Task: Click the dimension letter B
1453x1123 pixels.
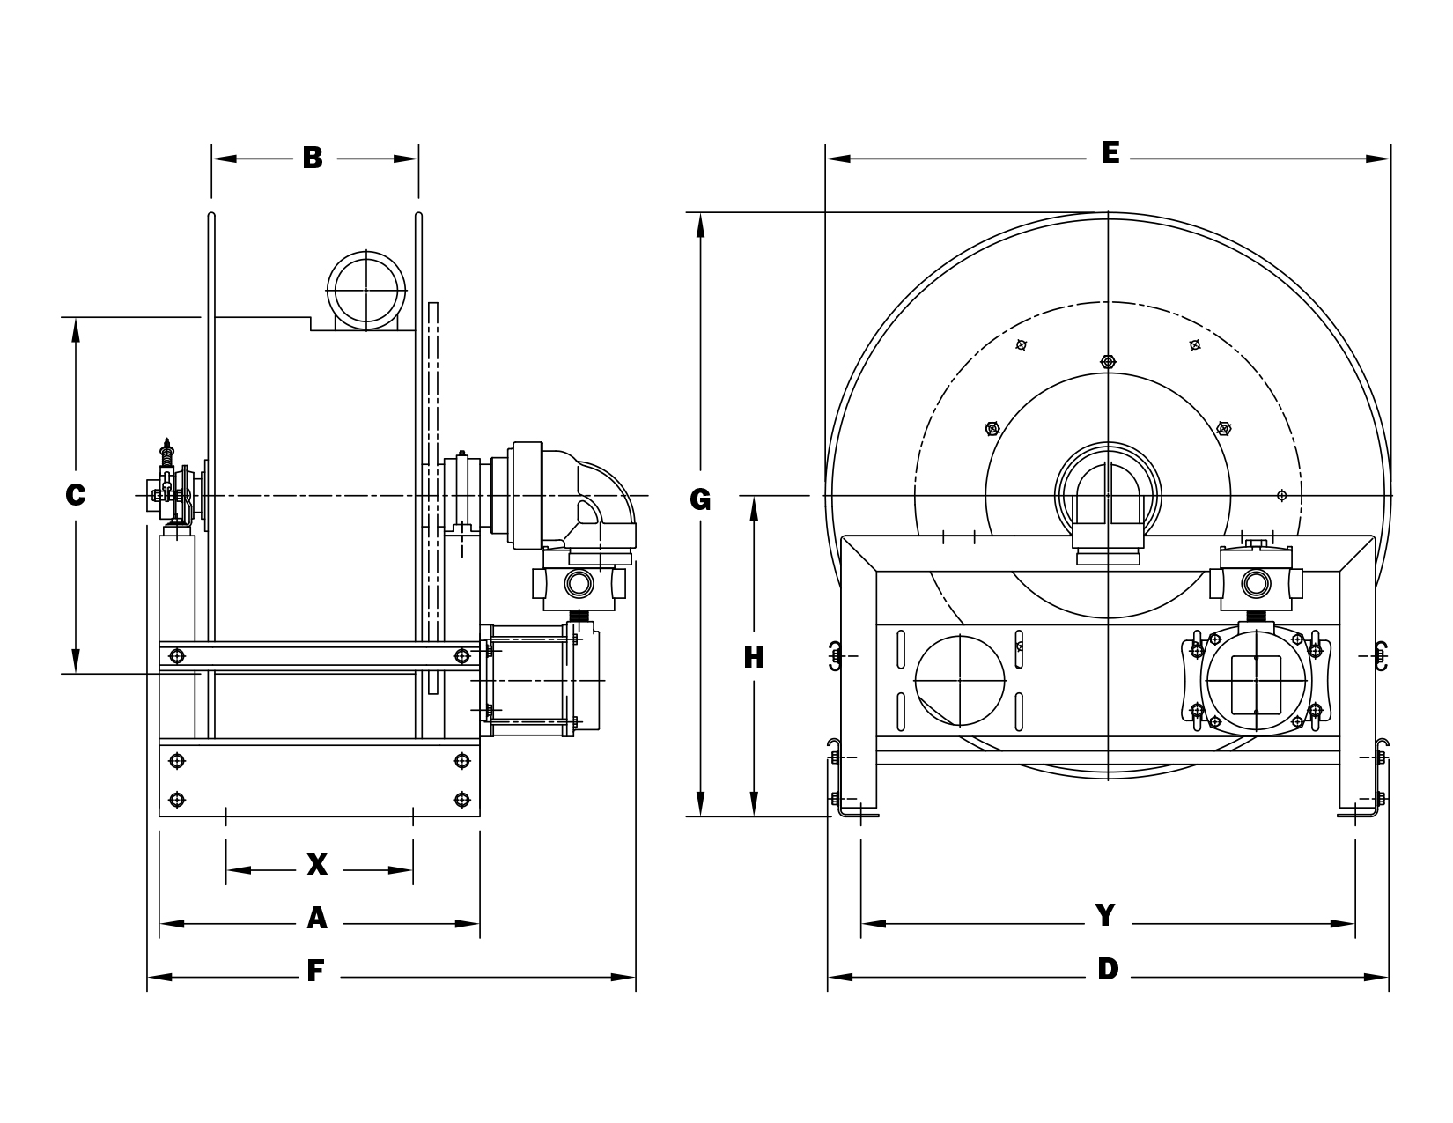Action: (313, 159)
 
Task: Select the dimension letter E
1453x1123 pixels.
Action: (1110, 153)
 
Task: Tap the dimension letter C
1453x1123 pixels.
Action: (76, 495)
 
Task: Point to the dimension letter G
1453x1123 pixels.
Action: (700, 499)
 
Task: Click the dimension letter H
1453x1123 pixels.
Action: (754, 657)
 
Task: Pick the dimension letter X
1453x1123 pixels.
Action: (318, 865)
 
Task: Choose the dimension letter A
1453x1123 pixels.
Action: (317, 919)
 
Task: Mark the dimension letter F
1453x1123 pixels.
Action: (315, 972)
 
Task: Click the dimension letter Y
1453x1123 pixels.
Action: (1106, 915)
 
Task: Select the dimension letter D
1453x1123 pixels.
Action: (1108, 969)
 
